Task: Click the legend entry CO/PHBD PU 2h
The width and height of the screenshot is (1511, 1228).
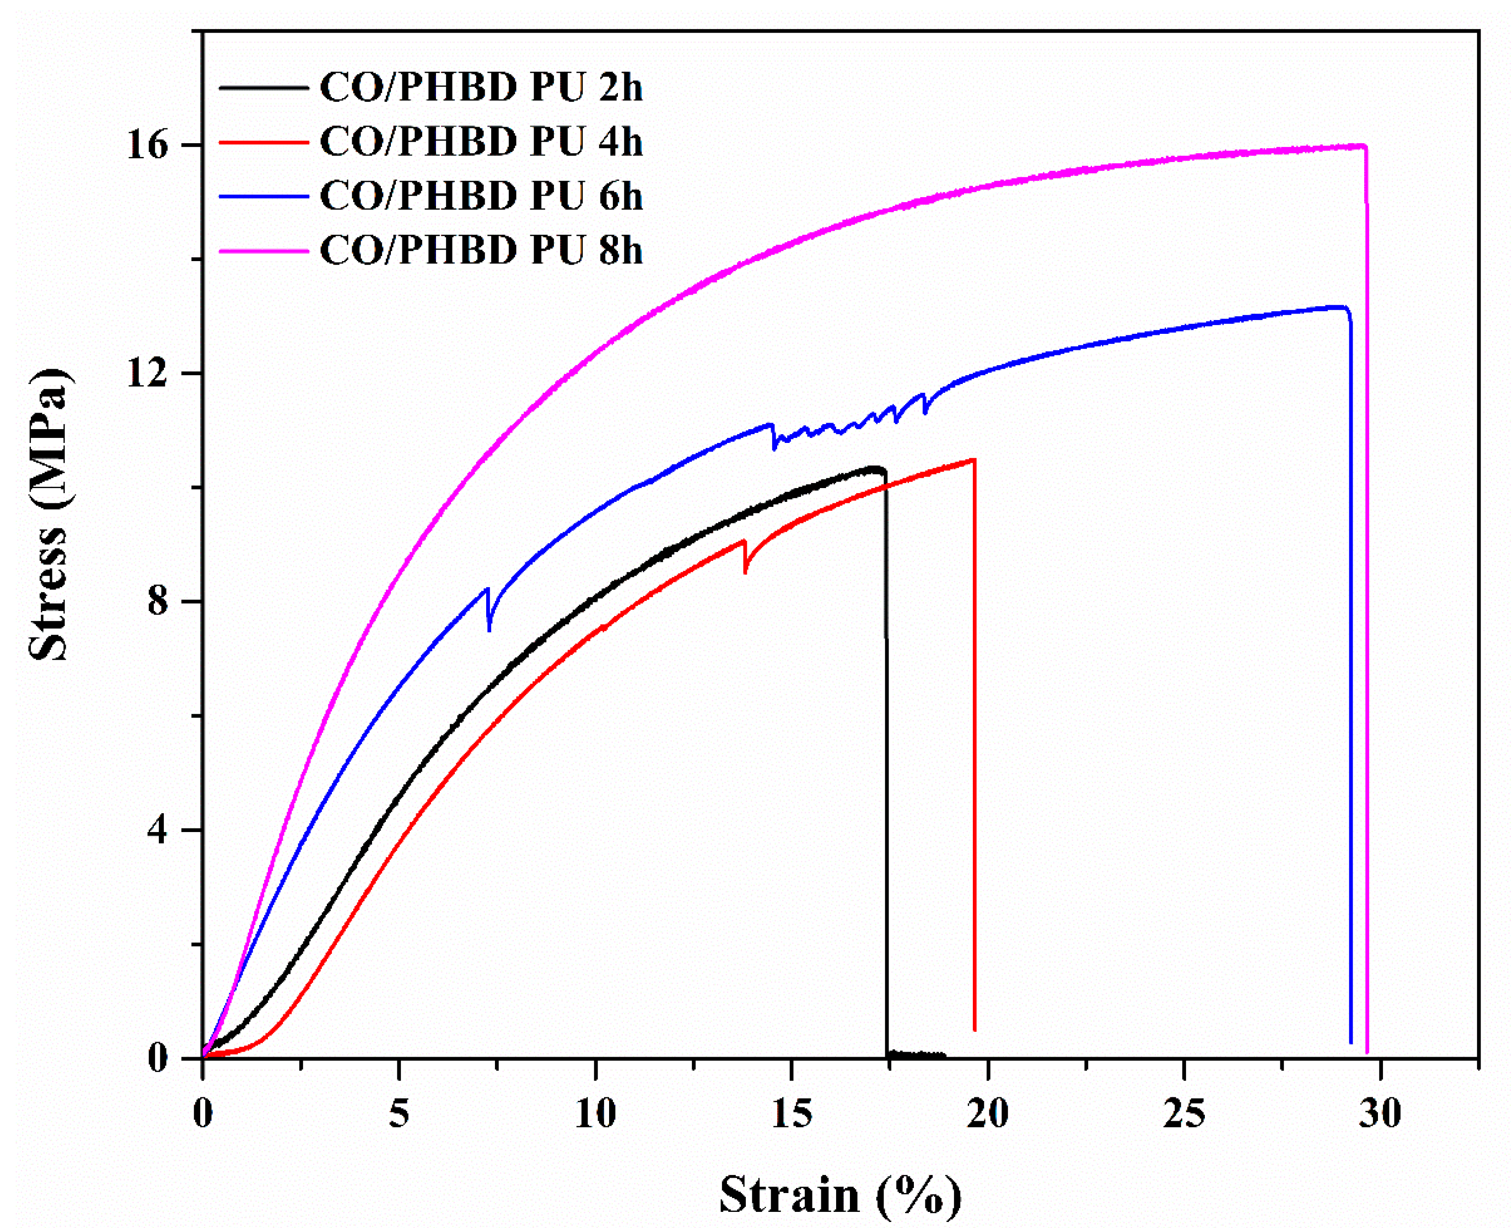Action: pyautogui.click(x=481, y=87)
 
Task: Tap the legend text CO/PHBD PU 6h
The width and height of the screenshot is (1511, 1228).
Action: pyautogui.click(x=481, y=196)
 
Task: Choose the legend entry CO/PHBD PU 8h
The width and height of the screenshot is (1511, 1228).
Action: pyautogui.click(x=481, y=250)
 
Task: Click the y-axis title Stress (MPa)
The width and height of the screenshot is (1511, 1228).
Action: pyautogui.click(x=50, y=514)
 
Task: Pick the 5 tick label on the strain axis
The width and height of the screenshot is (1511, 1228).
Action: pyautogui.click(x=399, y=1115)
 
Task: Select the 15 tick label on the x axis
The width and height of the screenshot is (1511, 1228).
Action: pyautogui.click(x=791, y=1115)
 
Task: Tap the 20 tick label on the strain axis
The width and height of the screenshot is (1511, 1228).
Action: pyautogui.click(x=988, y=1115)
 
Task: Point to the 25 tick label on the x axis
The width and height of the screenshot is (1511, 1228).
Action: pyautogui.click(x=1184, y=1115)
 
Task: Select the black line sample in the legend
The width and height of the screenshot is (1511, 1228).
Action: pyautogui.click(x=263, y=87)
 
